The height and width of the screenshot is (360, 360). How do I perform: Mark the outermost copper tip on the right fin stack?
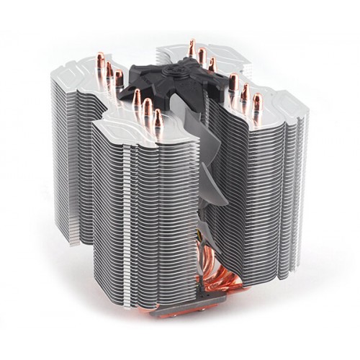[x=256, y=101]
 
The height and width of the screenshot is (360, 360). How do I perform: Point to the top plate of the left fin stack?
[x=79, y=72]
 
